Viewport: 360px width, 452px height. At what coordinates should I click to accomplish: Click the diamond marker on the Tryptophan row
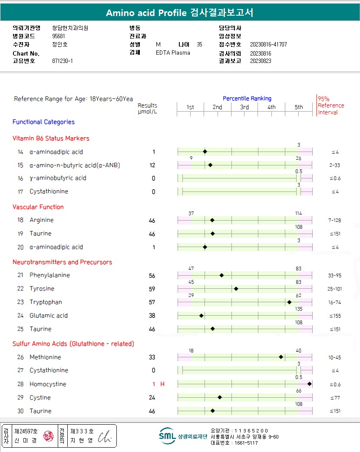(289, 302)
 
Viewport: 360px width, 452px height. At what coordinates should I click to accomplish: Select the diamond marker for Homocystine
(309, 384)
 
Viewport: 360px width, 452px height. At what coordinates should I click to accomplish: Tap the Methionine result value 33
(152, 358)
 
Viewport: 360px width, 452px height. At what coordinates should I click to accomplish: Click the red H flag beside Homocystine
(162, 384)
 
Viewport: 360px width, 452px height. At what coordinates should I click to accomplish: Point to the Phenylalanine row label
(50, 275)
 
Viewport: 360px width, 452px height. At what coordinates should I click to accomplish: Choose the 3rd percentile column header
(244, 107)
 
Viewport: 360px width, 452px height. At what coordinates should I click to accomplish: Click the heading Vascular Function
(38, 207)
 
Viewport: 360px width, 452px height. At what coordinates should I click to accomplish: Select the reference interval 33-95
(334, 276)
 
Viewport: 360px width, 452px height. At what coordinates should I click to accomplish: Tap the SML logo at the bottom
(167, 436)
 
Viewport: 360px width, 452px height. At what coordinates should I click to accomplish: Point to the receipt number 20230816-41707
(268, 45)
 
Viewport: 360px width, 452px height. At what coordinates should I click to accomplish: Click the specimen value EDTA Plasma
(173, 53)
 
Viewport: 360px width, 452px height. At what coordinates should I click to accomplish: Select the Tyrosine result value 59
(152, 289)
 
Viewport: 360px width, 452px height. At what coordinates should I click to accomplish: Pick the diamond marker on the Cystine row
(220, 397)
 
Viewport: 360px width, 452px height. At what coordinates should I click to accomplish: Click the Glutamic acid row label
(49, 316)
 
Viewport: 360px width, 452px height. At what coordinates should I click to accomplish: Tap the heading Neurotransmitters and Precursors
(62, 262)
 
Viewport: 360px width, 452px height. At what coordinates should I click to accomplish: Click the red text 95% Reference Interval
(330, 106)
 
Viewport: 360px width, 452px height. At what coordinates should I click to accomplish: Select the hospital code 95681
(59, 36)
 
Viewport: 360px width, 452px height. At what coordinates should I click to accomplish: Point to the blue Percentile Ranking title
(247, 99)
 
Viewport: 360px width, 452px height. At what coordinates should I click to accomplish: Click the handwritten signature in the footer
(105, 437)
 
